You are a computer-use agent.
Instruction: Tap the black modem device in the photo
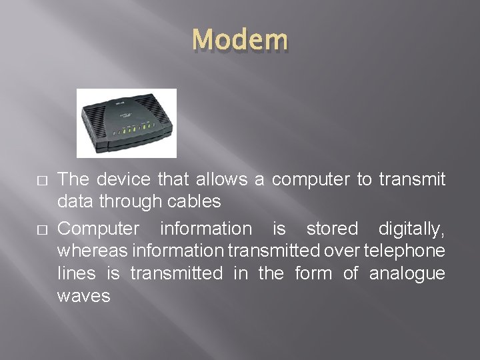[x=127, y=124]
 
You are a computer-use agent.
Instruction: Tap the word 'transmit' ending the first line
[x=412, y=179]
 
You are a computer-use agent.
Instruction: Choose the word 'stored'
[x=332, y=229]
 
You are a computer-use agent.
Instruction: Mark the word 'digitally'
[x=411, y=229]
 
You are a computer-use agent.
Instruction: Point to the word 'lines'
[x=73, y=273]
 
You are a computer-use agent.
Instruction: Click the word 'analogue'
[x=407, y=274]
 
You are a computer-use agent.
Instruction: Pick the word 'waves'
[x=84, y=296]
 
